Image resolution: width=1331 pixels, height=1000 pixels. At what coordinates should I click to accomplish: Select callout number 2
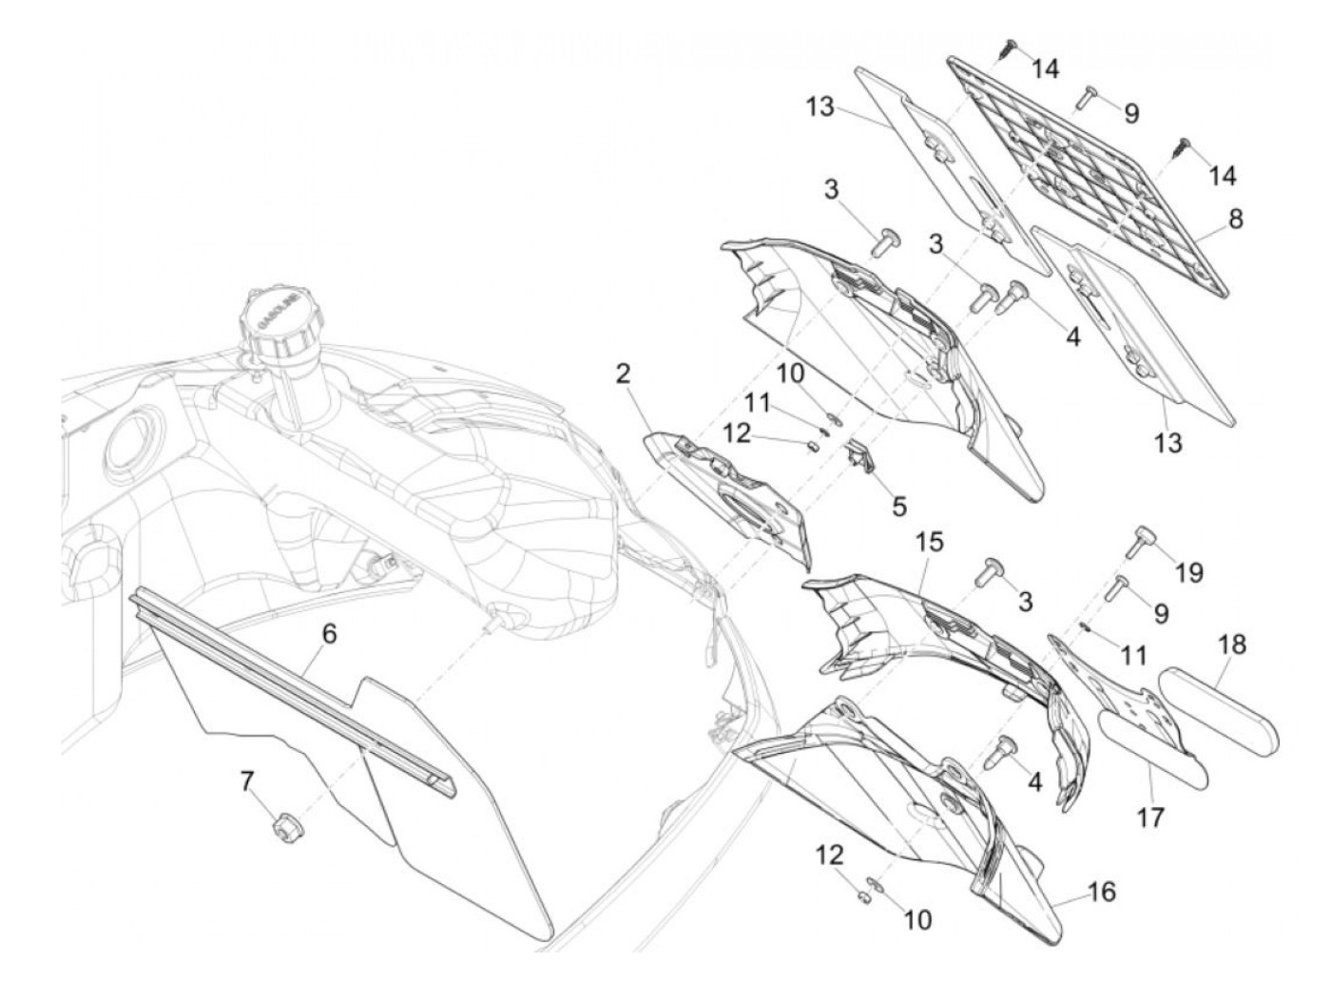click(624, 374)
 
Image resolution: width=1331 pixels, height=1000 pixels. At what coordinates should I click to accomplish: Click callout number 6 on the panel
click(329, 634)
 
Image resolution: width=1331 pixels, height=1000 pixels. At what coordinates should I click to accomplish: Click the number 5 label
click(898, 507)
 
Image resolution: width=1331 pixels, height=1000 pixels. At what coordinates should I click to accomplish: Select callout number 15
click(929, 543)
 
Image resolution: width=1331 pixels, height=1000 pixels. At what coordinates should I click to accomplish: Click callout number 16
click(1101, 892)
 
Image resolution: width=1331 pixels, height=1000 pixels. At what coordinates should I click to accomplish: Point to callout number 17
click(1150, 817)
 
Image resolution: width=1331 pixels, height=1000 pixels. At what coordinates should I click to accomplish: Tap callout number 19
click(1187, 572)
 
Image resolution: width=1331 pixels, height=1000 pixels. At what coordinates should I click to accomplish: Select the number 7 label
click(247, 782)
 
